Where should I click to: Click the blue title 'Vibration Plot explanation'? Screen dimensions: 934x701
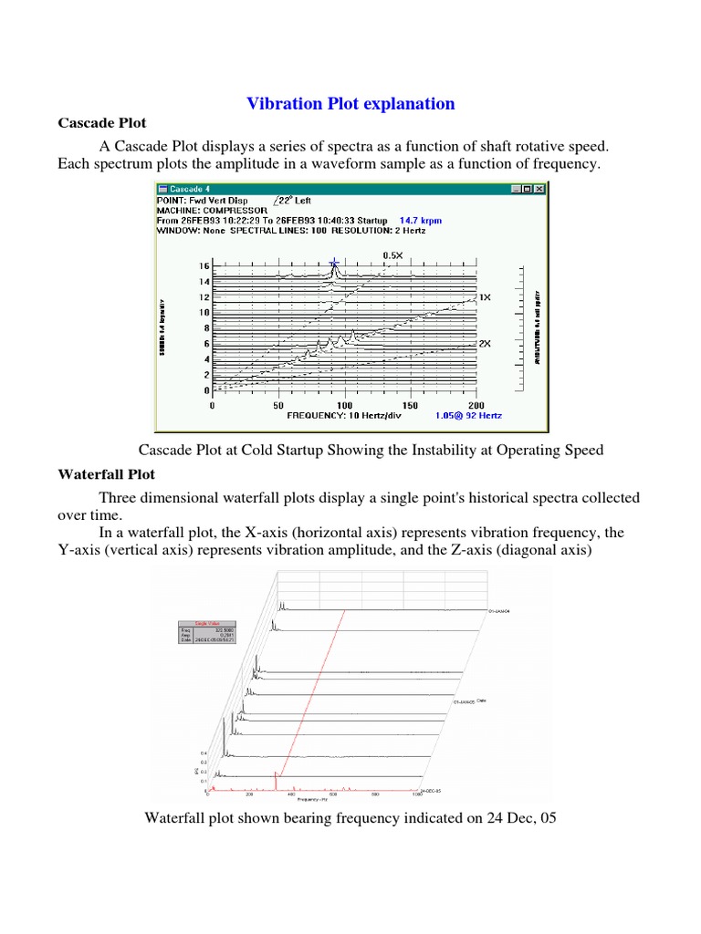(x=350, y=103)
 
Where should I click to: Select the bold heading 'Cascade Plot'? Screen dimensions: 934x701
(x=101, y=122)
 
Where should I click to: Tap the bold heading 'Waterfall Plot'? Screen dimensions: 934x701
(x=106, y=474)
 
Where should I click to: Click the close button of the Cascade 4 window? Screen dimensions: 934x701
(x=539, y=189)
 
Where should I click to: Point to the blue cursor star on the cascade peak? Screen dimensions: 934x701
(x=334, y=264)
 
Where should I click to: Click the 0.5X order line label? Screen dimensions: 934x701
(x=392, y=256)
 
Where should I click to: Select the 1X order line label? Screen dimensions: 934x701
(x=485, y=297)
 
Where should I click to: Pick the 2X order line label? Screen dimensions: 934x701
(x=485, y=345)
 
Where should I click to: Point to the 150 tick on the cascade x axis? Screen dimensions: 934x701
(x=410, y=404)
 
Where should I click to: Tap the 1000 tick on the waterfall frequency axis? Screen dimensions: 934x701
(x=416, y=795)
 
